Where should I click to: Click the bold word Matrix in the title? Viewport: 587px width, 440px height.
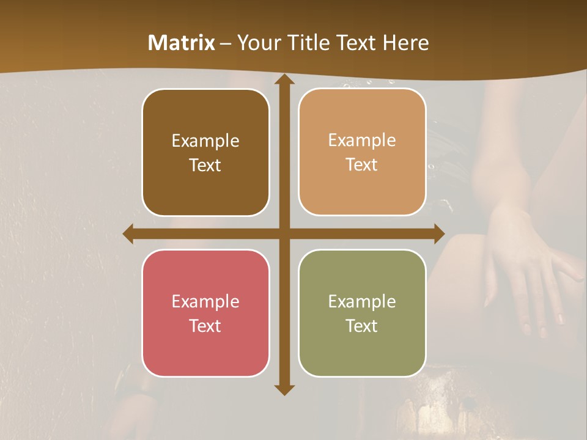click(182, 43)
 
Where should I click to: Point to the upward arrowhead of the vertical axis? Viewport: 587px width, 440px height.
click(284, 80)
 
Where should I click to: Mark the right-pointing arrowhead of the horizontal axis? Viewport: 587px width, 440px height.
click(438, 233)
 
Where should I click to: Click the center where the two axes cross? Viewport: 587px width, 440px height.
click(284, 233)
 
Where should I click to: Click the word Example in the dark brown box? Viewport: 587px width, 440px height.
click(205, 141)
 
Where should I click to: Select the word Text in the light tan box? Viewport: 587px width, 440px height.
click(362, 165)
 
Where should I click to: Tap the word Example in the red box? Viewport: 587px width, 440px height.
click(205, 301)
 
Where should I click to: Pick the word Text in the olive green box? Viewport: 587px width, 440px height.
click(362, 326)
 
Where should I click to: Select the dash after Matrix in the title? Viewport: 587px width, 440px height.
click(226, 43)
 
